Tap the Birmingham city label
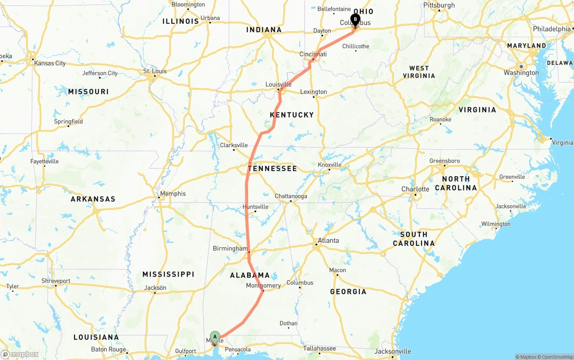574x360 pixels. (x=230, y=249)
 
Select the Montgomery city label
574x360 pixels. (x=264, y=286)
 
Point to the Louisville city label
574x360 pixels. (x=278, y=84)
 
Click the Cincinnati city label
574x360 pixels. (x=313, y=54)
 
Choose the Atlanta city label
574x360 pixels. (x=328, y=241)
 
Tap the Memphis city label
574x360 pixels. (x=173, y=194)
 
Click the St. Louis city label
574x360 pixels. (x=155, y=71)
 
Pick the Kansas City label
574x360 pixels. (x=50, y=63)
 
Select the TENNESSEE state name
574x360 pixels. (x=272, y=169)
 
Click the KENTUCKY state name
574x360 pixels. (x=292, y=115)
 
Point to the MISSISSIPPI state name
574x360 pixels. (x=168, y=274)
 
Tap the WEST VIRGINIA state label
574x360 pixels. (x=419, y=72)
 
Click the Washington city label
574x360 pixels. (x=521, y=73)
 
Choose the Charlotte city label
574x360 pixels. (x=415, y=189)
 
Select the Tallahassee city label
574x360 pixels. (x=319, y=348)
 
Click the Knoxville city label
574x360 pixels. (x=330, y=165)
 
